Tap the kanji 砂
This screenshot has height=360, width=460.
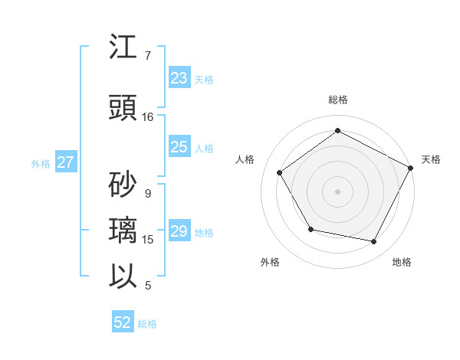[x=124, y=185]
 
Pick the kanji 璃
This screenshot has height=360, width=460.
[x=124, y=231]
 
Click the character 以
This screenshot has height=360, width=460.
[x=124, y=277]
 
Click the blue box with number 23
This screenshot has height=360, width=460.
[x=179, y=78]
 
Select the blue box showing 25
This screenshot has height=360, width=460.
[x=179, y=148]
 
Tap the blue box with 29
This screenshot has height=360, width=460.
[x=179, y=232]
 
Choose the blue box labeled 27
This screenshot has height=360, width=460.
[x=65, y=162]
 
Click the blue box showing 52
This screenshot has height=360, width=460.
[x=123, y=322]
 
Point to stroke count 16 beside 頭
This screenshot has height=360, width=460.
[x=148, y=117]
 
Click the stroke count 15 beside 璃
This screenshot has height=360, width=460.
[x=148, y=240]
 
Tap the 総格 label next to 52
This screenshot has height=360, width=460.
[x=147, y=324]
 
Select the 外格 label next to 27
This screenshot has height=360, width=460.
[x=41, y=163]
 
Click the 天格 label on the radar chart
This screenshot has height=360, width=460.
[x=431, y=159]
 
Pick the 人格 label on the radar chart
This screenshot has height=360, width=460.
[x=245, y=159]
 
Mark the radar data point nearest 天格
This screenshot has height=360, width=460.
[x=411, y=168]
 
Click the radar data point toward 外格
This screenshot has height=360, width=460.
[x=310, y=229]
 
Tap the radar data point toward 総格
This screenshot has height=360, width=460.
[x=337, y=131]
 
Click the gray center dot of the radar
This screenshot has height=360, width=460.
[x=337, y=191]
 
